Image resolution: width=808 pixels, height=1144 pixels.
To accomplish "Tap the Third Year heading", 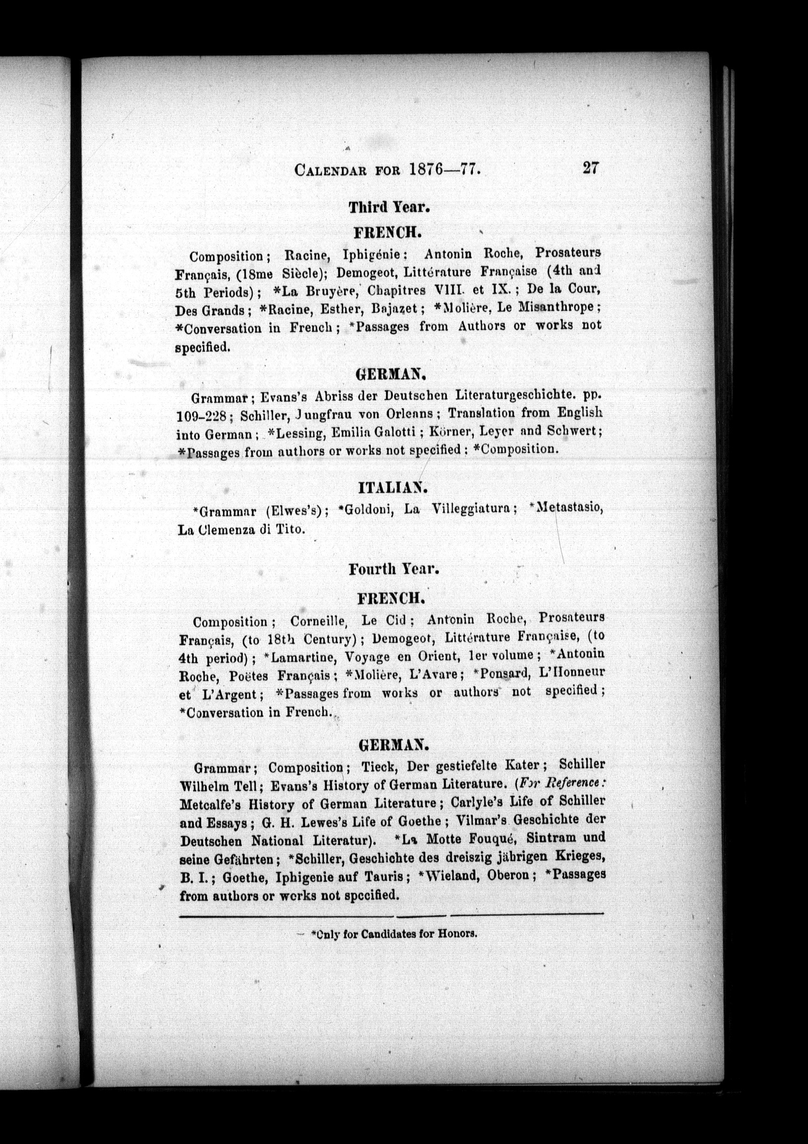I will [389, 207].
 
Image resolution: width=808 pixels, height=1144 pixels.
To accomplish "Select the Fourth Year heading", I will [393, 569].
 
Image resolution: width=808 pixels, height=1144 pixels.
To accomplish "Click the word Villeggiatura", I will [471, 509].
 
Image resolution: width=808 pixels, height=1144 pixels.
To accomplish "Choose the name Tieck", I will [379, 765].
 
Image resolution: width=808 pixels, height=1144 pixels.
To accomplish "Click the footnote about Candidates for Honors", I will [394, 934].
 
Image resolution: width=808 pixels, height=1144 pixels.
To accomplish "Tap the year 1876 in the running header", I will [426, 169].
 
